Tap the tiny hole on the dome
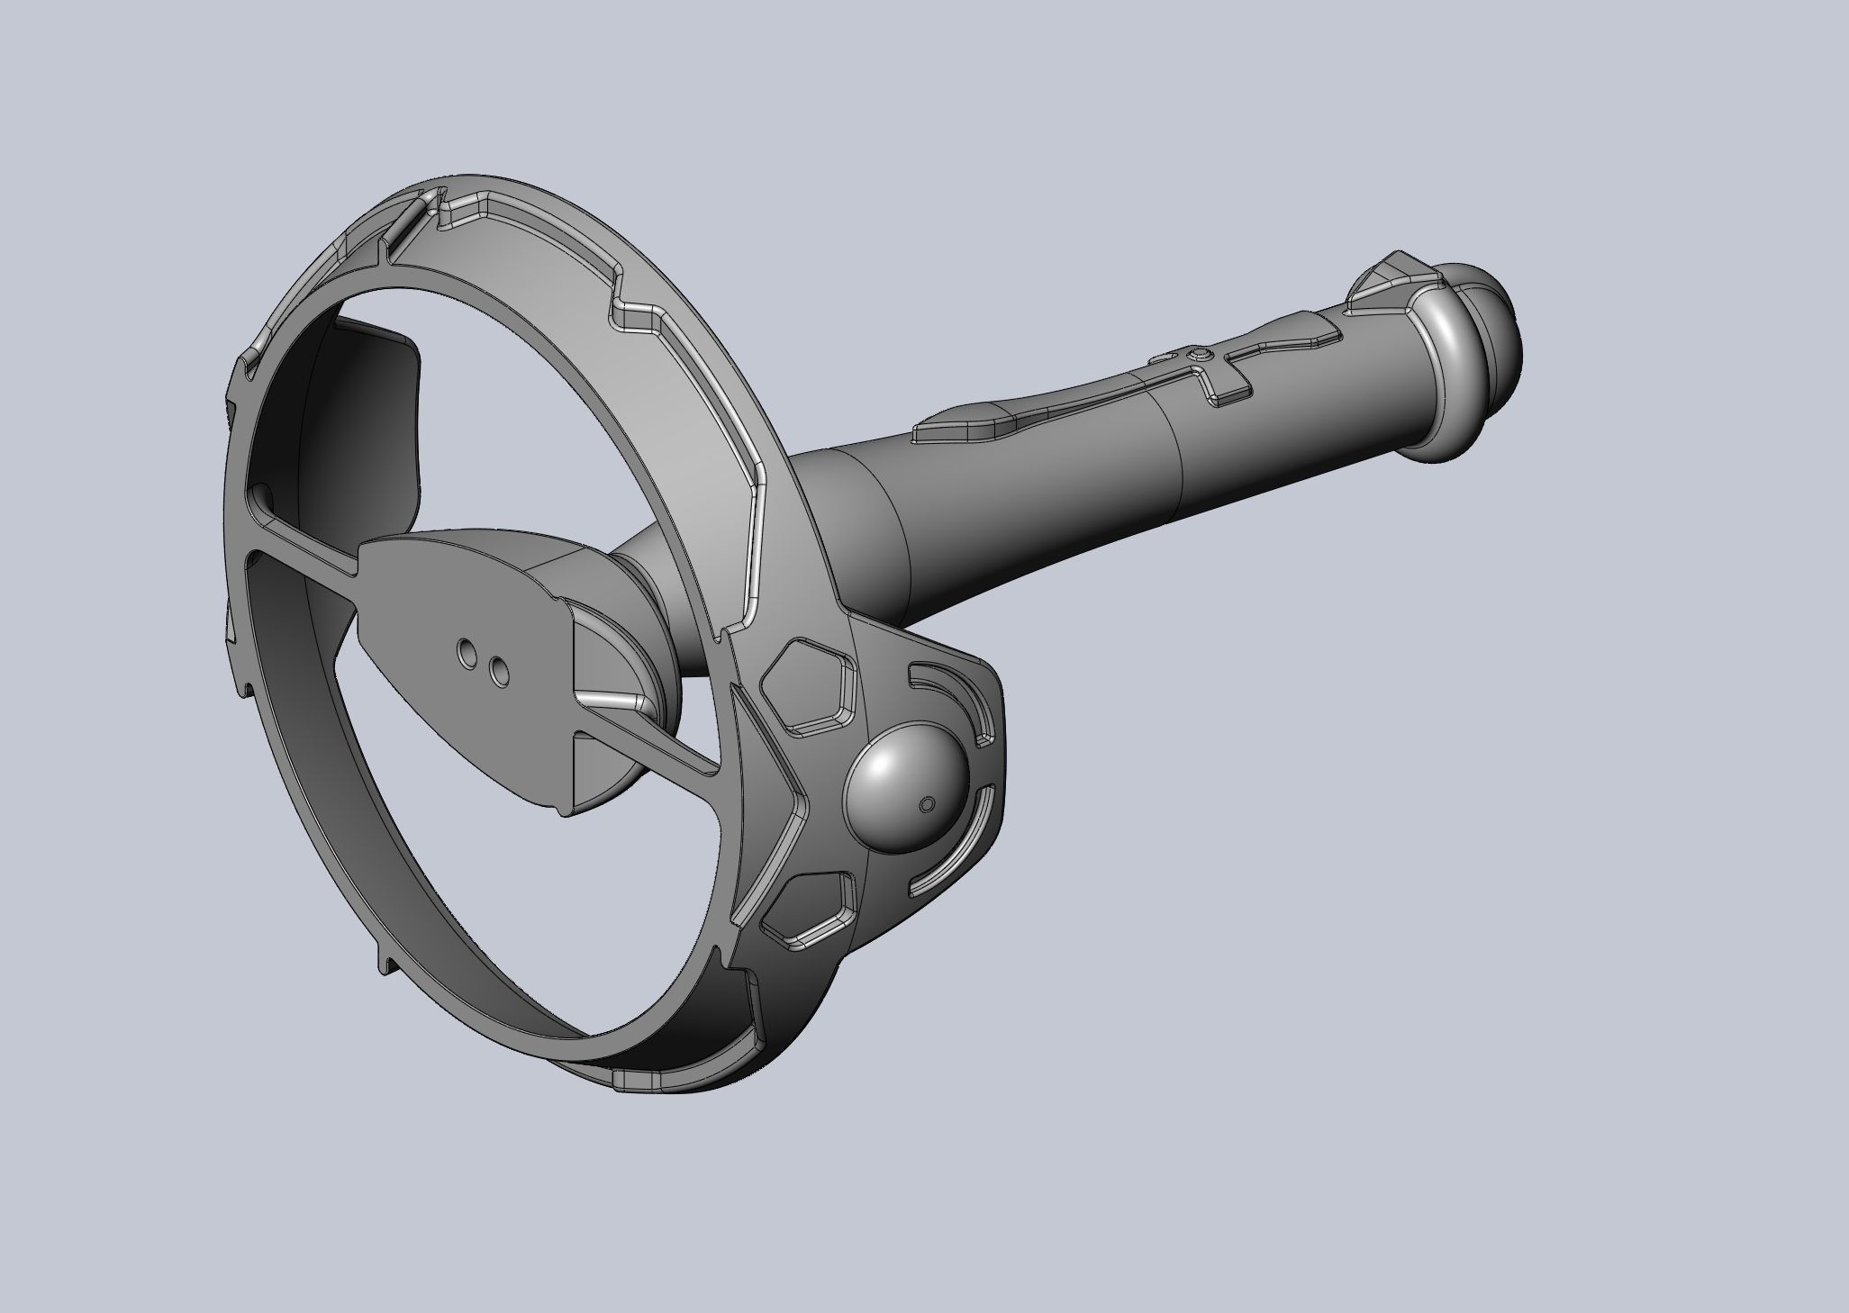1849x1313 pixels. coord(929,803)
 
